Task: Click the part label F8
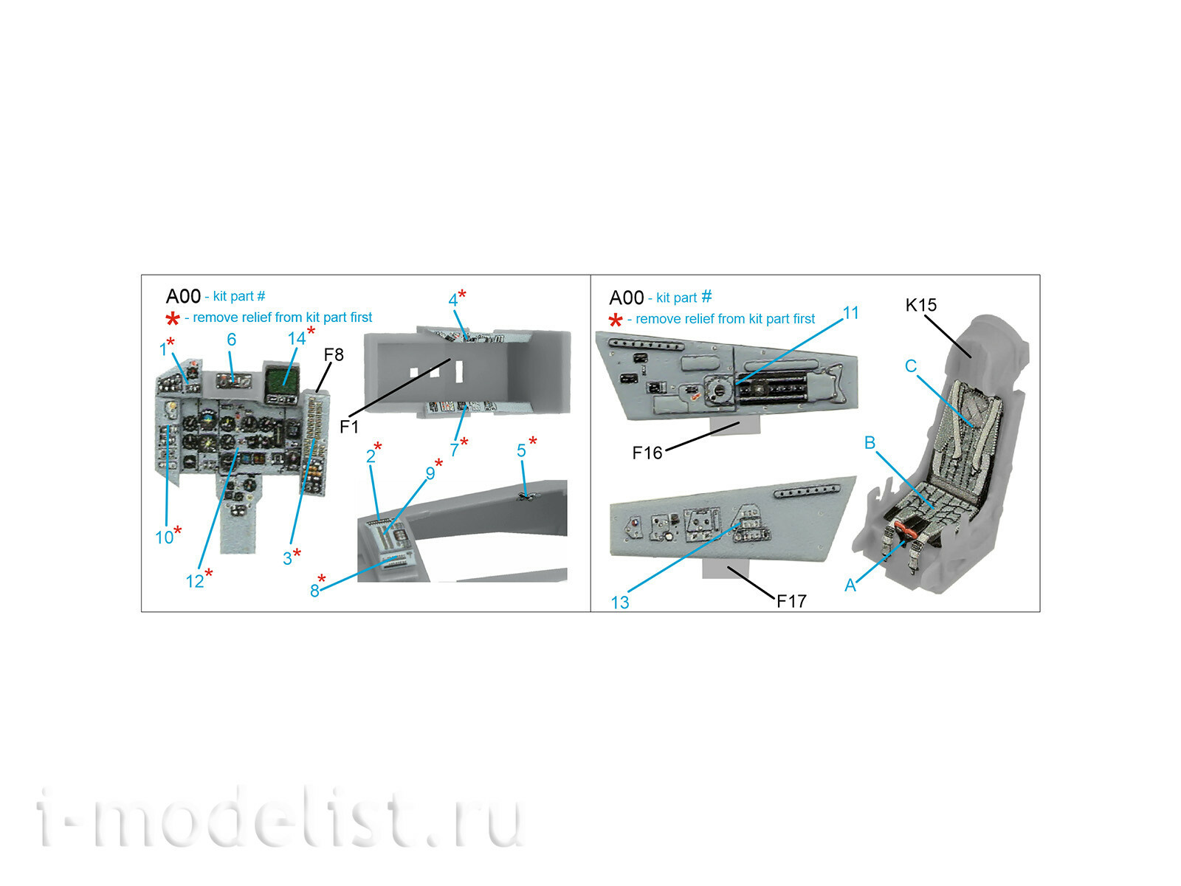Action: tap(334, 355)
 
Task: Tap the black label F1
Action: tap(349, 427)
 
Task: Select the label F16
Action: tap(647, 453)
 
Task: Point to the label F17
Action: tap(791, 602)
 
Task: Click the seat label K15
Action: tap(921, 305)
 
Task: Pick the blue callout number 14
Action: tap(297, 339)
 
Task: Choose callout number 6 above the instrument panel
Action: tap(232, 340)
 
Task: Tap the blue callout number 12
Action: tap(195, 582)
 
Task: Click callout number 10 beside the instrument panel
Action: tap(165, 538)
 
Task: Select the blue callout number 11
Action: tap(851, 313)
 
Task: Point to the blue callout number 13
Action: tap(620, 602)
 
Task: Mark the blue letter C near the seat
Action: tap(911, 366)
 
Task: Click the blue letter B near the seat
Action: tap(870, 443)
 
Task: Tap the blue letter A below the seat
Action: tap(850, 585)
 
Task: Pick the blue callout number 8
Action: tap(315, 591)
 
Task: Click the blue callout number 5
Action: tap(521, 451)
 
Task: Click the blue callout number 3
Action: tap(287, 559)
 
